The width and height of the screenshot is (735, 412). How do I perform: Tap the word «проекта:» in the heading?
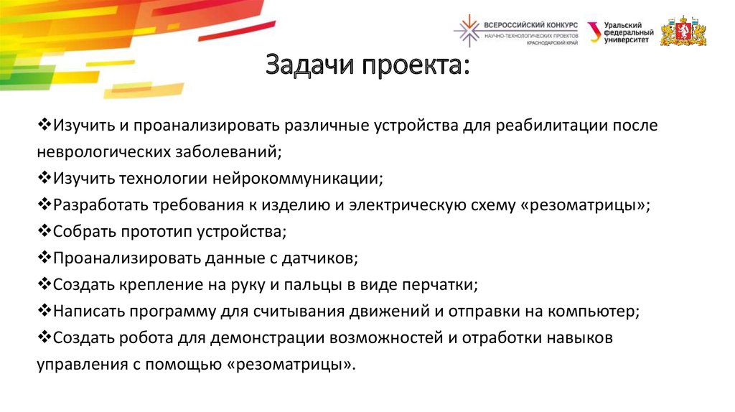coord(414,68)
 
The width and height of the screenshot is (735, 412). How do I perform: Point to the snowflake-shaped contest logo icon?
coord(469,30)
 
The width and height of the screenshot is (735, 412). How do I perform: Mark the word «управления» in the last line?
coord(79,365)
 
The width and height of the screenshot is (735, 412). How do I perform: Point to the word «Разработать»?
coord(99,205)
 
